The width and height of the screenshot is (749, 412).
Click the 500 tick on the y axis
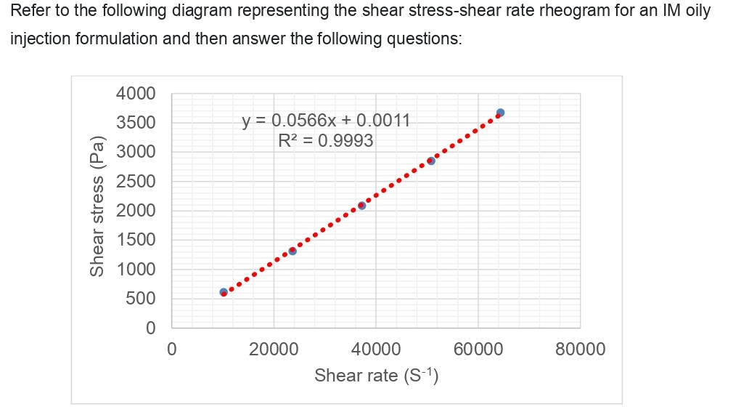point(141,299)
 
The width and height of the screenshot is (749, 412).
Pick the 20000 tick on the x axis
point(273,350)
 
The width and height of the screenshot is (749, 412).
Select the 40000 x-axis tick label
point(375,350)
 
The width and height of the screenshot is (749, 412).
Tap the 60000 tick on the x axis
point(478,350)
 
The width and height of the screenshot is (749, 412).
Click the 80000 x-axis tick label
point(580,350)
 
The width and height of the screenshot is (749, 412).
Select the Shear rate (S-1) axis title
point(375,375)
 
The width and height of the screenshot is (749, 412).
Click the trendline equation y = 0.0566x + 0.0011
point(326,120)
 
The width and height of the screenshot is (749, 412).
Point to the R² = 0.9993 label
point(326,140)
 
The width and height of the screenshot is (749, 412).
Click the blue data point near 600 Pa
point(224,292)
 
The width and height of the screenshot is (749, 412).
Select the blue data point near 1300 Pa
point(292,251)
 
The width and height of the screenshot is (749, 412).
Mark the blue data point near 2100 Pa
point(361,206)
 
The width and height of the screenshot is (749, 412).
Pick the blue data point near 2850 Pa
point(431,161)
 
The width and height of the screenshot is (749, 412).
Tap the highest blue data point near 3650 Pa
point(500,113)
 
